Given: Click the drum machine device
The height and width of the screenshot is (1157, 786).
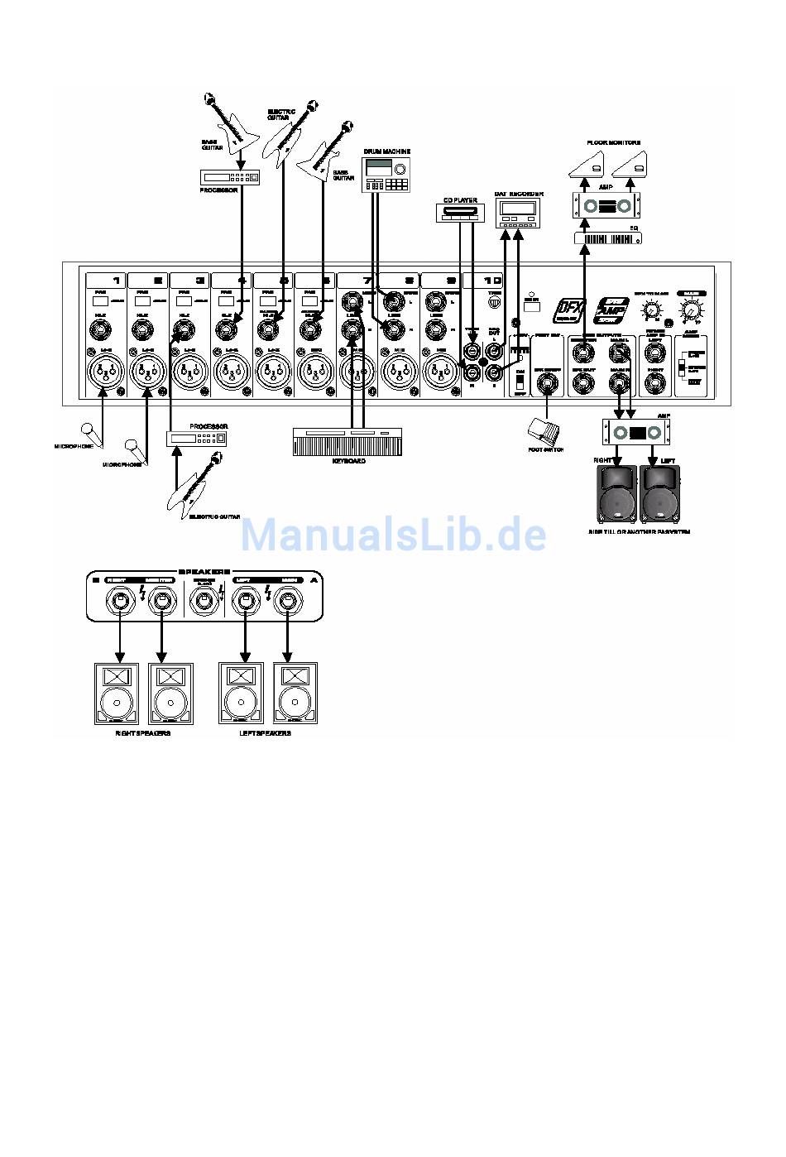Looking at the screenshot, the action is [x=386, y=175].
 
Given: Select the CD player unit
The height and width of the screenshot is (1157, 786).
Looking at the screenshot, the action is [x=458, y=214].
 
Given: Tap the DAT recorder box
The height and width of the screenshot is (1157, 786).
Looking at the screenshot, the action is [x=518, y=214].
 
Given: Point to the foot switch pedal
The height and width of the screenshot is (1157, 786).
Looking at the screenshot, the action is [x=544, y=431].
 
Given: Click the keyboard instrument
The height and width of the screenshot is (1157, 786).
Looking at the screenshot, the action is [x=347, y=441].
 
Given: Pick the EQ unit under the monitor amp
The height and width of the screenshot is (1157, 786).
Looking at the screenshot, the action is [x=607, y=238].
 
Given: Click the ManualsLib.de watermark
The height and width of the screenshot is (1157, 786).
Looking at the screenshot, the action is [x=393, y=535].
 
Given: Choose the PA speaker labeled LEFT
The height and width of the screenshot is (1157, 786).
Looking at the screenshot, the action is [x=659, y=492].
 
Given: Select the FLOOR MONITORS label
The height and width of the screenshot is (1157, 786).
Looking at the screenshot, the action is [x=613, y=143].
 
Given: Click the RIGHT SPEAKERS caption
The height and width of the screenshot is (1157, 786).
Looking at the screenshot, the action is [x=142, y=733].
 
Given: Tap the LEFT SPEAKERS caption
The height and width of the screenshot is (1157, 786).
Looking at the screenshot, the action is [x=265, y=733].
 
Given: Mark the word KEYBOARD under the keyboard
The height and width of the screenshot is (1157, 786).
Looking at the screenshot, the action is [x=348, y=461].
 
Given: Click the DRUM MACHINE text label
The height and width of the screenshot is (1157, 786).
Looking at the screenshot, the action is [x=386, y=151].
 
